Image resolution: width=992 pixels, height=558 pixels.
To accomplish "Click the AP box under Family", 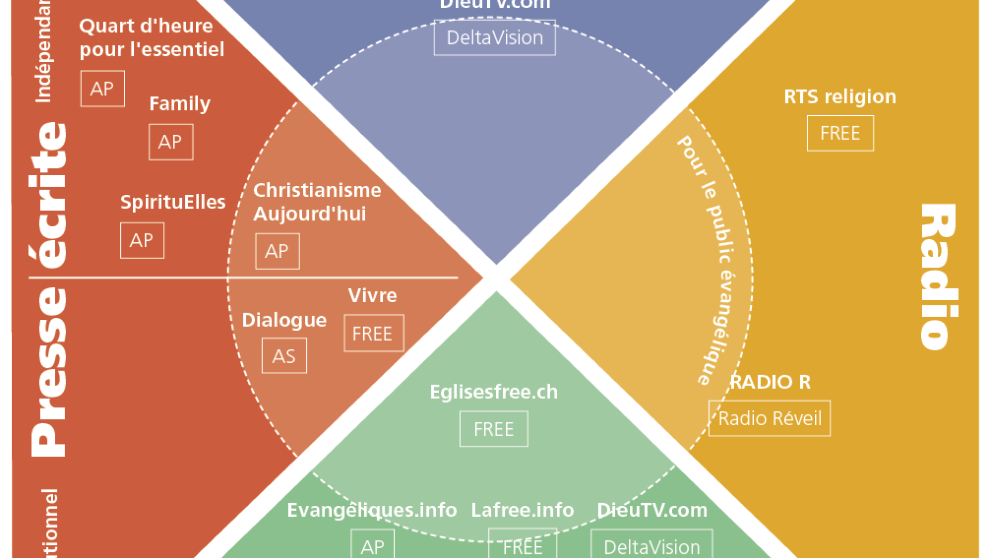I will pos(171,142).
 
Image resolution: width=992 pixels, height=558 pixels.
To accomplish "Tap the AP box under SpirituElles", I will pos(142,241).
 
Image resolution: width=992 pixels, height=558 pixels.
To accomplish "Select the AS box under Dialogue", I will pos(284,356).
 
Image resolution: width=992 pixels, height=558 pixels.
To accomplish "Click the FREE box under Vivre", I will pos(374,334).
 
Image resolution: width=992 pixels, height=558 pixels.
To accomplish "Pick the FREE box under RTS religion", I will pos(840,134).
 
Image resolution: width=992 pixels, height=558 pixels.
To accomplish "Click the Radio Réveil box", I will pos(769,419).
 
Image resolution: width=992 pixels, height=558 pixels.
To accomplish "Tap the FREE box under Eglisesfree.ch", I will pos(493,429).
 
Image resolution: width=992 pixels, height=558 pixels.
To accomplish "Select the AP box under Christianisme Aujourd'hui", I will pos(277,252).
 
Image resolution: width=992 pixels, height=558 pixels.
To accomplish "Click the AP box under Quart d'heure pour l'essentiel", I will pos(102,89).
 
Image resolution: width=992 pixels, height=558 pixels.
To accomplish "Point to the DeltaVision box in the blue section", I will pos(494,38).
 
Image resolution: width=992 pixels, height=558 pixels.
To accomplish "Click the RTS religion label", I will pos(840,97).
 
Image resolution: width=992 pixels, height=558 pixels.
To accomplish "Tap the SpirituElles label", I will pos(173,202).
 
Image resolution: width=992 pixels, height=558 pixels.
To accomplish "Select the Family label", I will pos(180,103).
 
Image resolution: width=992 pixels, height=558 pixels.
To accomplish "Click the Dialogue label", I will pos(284,320).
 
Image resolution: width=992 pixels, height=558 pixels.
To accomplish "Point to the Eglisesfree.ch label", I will pos(493,392).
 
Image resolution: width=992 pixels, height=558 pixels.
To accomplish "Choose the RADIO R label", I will pos(770,382).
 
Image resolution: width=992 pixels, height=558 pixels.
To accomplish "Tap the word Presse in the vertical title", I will pos(49,372).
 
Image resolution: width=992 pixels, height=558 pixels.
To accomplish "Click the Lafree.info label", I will pos(522,510).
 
